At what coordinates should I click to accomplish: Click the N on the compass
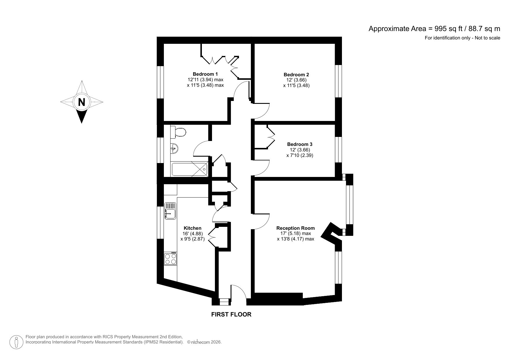point(82,102)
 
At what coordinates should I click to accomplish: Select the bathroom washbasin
point(174,149)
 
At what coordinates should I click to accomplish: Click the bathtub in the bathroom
point(190,169)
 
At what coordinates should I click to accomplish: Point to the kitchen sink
point(170,211)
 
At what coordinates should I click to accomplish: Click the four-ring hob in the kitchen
point(170,259)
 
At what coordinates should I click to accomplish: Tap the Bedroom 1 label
point(205,74)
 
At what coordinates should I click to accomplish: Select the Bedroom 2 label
point(296,75)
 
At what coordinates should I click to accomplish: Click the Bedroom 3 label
point(300,144)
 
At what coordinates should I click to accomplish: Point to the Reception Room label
point(295,228)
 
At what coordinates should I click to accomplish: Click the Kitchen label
point(192,228)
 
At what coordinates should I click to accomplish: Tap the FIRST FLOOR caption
point(231,314)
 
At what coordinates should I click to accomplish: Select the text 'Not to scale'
point(488,38)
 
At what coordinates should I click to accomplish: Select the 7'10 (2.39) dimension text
point(300,155)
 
